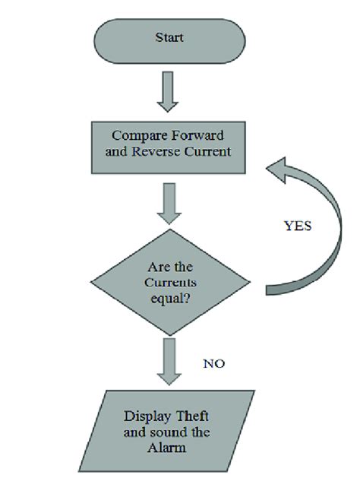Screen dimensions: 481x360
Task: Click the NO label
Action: pos(215,363)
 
